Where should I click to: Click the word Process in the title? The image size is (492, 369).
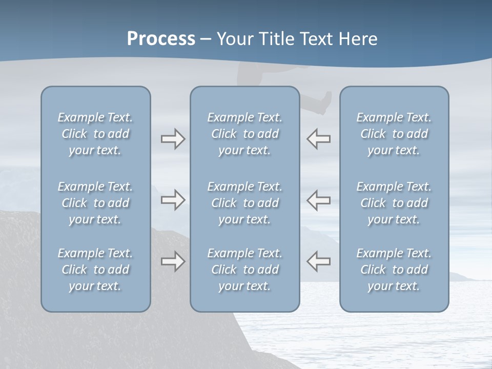tap(161, 39)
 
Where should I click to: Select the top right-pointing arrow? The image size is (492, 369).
tap(173, 139)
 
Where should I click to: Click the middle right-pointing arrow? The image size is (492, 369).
tap(173, 199)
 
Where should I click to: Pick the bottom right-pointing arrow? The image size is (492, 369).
tap(173, 261)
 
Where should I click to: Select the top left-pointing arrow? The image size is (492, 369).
tap(319, 139)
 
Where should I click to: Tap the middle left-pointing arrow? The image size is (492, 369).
tap(319, 199)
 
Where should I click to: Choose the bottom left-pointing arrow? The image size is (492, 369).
tap(319, 261)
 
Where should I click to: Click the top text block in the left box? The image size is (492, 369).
tap(95, 134)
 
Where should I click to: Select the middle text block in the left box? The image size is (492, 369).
tap(95, 203)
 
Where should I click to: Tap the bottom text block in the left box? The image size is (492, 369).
tap(95, 270)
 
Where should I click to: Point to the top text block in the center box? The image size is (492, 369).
tap(244, 134)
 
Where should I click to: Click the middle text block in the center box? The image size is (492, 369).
tap(244, 203)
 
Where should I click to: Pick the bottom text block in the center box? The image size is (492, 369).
tap(244, 270)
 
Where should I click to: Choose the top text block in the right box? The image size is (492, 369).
tap(394, 134)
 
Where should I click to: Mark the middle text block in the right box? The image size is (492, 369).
tap(394, 203)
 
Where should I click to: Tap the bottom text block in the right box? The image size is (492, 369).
tap(394, 270)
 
